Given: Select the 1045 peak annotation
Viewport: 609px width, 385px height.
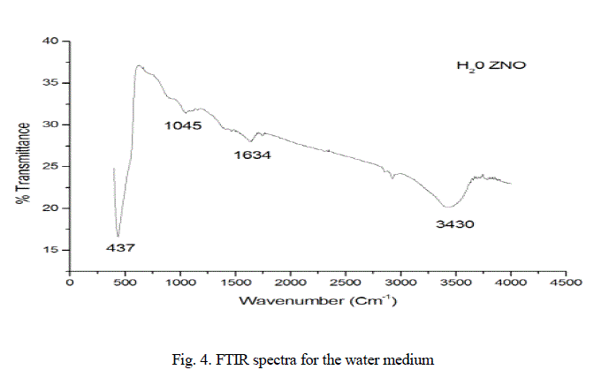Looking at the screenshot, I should click(183, 126).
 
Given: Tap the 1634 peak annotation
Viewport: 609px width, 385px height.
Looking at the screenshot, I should click(252, 155).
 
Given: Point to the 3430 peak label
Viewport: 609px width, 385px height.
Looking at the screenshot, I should click(455, 224).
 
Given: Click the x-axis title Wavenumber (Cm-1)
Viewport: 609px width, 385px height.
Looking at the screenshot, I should click(317, 302).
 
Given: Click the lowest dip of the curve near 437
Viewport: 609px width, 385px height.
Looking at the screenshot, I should click(118, 235).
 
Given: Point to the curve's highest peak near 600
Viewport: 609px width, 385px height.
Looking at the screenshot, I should click(139, 65).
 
